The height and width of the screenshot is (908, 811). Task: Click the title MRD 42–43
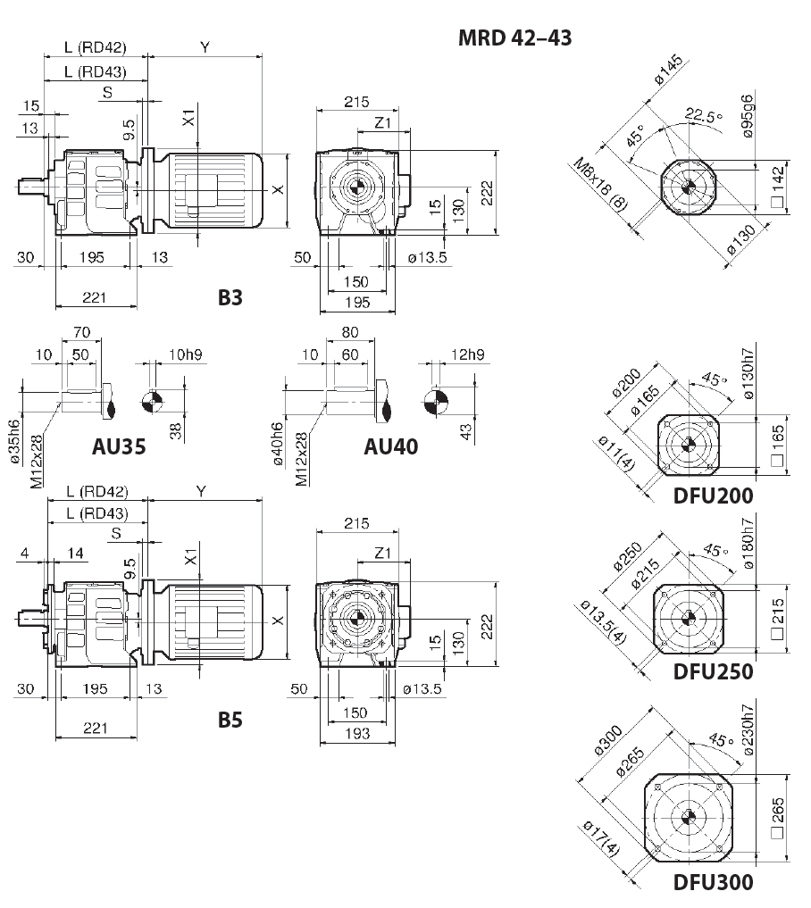pyautogui.click(x=514, y=37)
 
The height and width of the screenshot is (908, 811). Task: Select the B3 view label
pyautogui.click(x=230, y=298)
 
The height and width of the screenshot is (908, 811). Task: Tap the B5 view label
pyautogui.click(x=230, y=720)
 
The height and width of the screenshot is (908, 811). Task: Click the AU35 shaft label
pyautogui.click(x=119, y=446)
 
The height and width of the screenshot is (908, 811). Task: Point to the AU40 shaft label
pyautogui.click(x=390, y=446)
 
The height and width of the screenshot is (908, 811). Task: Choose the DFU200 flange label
pyautogui.click(x=713, y=496)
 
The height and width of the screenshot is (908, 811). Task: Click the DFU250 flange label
pyautogui.click(x=713, y=671)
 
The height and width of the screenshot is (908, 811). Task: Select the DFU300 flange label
pyautogui.click(x=713, y=882)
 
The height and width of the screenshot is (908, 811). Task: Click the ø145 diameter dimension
pyautogui.click(x=668, y=70)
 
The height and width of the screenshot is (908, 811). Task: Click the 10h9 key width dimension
pyautogui.click(x=185, y=354)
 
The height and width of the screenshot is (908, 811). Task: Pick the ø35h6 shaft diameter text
pyautogui.click(x=13, y=441)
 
